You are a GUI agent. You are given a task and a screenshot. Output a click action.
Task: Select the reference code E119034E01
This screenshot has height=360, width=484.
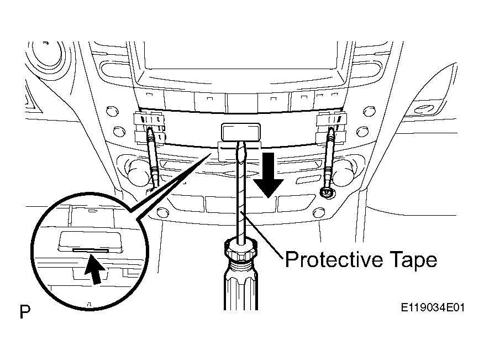pyautogui.click(x=433, y=307)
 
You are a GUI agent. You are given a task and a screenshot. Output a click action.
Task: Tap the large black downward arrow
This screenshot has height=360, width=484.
pyautogui.click(x=269, y=175)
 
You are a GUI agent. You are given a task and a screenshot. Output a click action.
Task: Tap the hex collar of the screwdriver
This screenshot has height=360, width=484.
pyautogui.click(x=240, y=249)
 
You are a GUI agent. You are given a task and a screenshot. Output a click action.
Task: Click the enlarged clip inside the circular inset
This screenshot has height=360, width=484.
pyautogui.click(x=90, y=242)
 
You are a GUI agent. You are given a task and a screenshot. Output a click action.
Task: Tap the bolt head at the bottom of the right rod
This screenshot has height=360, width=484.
pyautogui.click(x=327, y=192)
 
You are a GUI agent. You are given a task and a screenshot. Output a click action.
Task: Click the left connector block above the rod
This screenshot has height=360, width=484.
pyautogui.click(x=149, y=128)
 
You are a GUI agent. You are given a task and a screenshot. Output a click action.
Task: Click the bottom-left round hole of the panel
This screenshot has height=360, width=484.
pyautogui.click(x=162, y=212)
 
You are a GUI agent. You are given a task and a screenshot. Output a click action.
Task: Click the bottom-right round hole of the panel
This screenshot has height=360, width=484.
pyautogui.click(x=319, y=212)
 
